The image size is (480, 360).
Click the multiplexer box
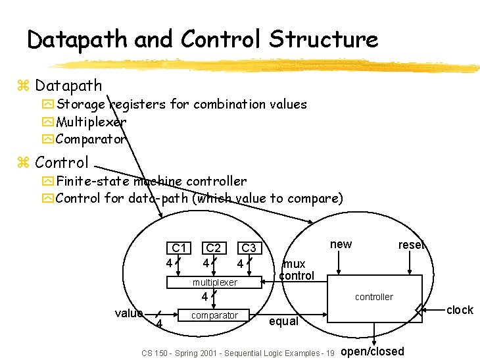(214, 282)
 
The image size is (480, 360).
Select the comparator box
(214, 316)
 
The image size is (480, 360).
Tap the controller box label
(374, 297)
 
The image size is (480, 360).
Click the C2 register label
(214, 248)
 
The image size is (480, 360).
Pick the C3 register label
(249, 248)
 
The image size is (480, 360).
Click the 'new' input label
(341, 244)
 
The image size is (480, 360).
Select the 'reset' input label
(412, 245)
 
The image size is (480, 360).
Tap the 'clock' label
(460, 310)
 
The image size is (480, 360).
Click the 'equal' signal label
(283, 322)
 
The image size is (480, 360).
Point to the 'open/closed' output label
(373, 351)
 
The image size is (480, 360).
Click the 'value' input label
(128, 313)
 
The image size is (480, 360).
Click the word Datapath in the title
(78, 40)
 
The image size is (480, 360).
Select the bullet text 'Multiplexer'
(91, 122)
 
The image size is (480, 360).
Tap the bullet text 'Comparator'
(91, 140)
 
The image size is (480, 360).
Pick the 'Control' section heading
(62, 162)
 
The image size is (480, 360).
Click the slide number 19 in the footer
(330, 353)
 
